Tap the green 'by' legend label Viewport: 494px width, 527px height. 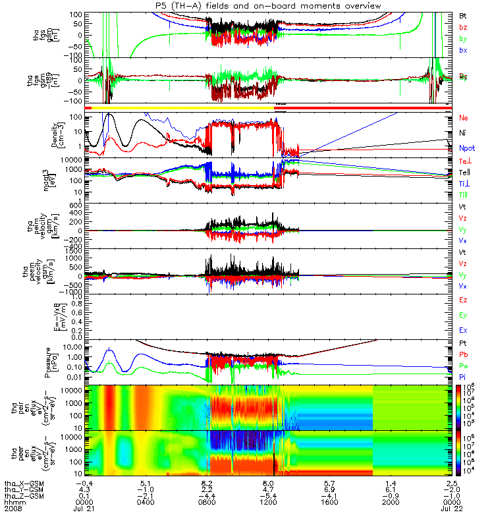(x=462, y=39)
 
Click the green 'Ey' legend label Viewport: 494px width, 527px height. (x=463, y=315)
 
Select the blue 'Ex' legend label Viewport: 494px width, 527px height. (x=463, y=329)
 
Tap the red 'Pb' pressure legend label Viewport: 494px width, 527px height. (x=463, y=354)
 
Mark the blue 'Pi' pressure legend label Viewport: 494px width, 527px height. (x=462, y=377)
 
